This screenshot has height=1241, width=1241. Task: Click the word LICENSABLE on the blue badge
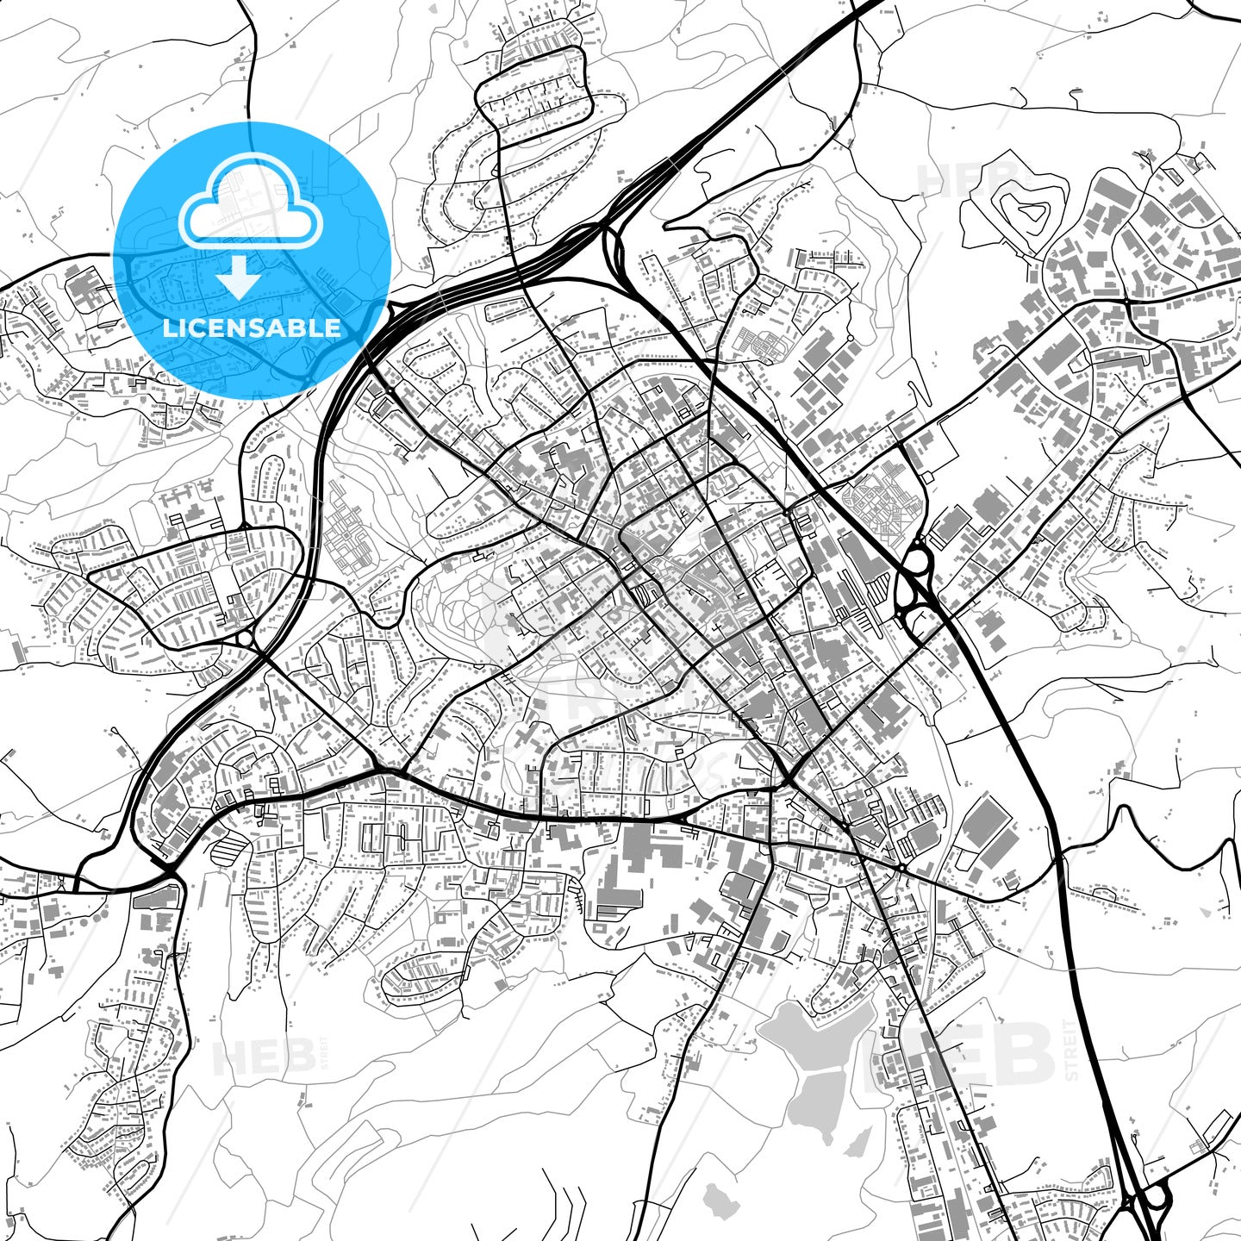coord(252,328)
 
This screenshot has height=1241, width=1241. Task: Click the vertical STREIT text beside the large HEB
coord(1071,1050)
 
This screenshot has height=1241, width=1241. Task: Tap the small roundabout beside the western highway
coord(244,639)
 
